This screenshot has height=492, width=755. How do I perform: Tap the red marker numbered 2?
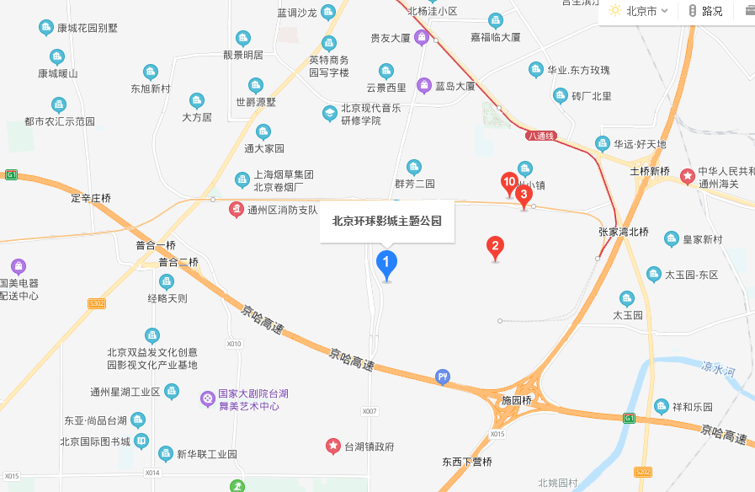(x=496, y=246)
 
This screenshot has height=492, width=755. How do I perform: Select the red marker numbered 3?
(x=524, y=195)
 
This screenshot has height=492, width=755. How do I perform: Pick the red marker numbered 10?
(x=508, y=181)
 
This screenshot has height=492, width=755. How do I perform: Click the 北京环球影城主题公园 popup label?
(x=387, y=222)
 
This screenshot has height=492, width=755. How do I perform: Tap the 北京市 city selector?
(x=641, y=11)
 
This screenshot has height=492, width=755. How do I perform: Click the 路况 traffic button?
(x=705, y=11)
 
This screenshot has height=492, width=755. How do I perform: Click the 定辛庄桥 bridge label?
(x=91, y=198)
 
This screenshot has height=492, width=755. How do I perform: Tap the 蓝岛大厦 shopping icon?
(x=423, y=86)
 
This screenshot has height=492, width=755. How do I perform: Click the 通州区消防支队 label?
(x=282, y=210)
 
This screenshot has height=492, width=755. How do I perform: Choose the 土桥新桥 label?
(x=650, y=172)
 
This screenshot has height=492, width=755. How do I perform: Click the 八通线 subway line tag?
(x=541, y=136)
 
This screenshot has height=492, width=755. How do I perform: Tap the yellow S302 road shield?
(x=97, y=303)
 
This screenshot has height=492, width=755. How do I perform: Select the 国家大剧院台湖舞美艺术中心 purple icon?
(x=206, y=398)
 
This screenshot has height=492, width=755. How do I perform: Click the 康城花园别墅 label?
(x=88, y=28)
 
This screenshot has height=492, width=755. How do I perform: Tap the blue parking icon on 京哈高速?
(x=443, y=377)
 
